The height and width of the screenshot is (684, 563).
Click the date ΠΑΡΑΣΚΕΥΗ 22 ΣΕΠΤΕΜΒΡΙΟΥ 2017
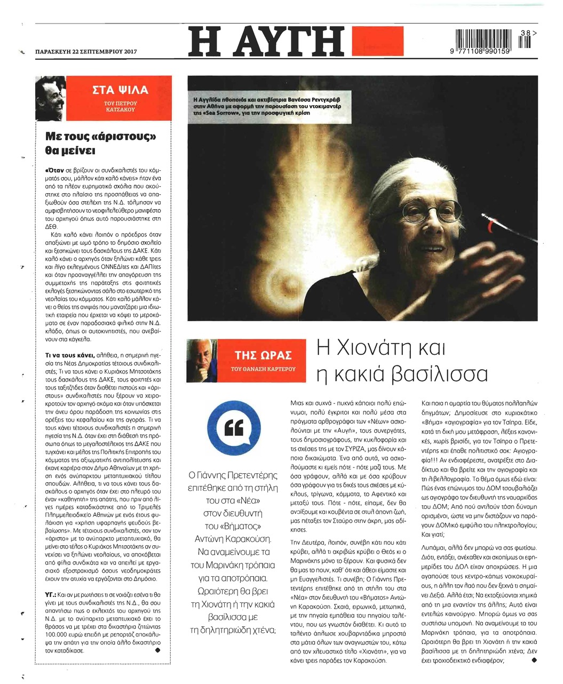[86, 52]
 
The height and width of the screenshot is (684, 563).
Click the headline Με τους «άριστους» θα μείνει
[101, 143]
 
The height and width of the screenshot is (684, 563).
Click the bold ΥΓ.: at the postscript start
[52, 593]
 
